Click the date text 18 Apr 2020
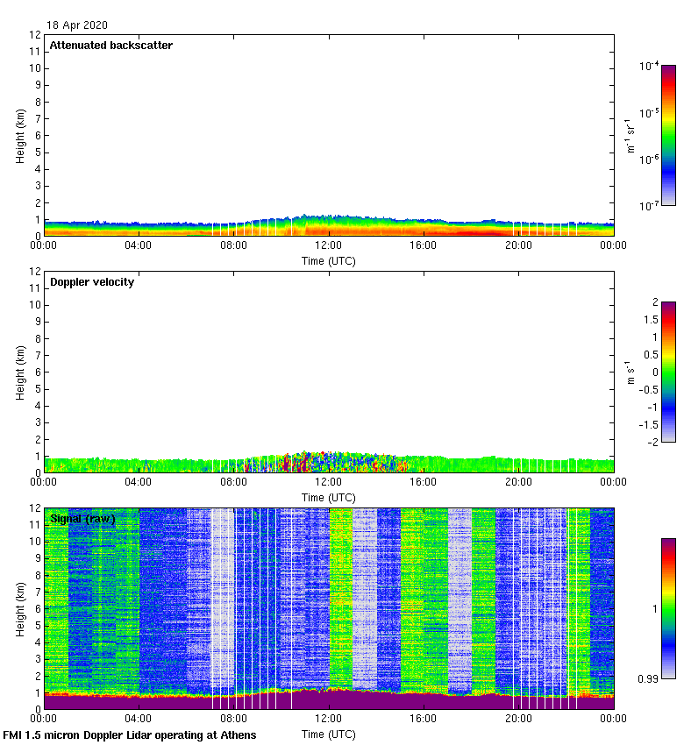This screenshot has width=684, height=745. [x=77, y=25]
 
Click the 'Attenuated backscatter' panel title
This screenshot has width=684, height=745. [x=110, y=45]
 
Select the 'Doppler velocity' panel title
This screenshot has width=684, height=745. [x=92, y=282]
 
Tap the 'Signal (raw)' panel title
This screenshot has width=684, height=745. [x=82, y=519]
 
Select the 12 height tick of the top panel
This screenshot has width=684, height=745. [x=35, y=35]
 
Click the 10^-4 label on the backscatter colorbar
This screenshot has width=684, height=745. [x=649, y=66]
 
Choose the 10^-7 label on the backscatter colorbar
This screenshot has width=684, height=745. [x=649, y=206]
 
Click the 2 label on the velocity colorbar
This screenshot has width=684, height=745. [x=653, y=302]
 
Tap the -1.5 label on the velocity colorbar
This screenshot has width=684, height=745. [x=649, y=424]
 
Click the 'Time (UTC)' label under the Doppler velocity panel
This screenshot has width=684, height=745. [x=329, y=497]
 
